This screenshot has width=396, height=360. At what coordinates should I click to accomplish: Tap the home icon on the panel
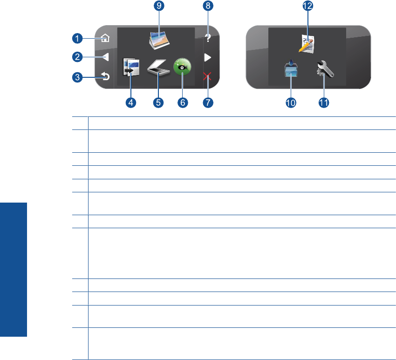[x=105, y=39]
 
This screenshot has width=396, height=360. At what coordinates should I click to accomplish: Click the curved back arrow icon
[x=105, y=76]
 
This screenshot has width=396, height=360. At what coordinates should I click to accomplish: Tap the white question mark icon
[x=208, y=39]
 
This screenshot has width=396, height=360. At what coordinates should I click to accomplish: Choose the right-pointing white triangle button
[x=208, y=57]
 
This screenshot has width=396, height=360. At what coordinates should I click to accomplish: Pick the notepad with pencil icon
[x=307, y=44]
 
